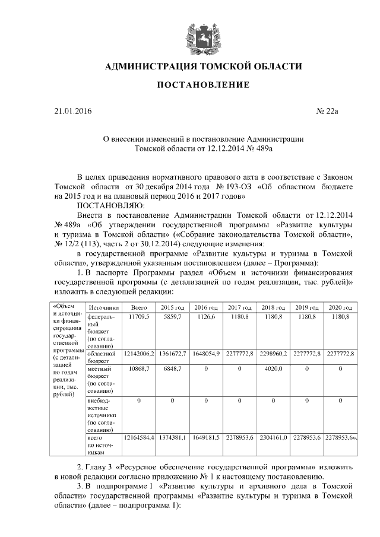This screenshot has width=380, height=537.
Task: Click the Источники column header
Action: click(x=104, y=307)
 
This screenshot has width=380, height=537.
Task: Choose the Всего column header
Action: click(x=139, y=307)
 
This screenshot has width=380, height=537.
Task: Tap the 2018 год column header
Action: click(x=273, y=307)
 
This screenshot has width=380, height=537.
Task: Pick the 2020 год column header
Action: click(x=340, y=307)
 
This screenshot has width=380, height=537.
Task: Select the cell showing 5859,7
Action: click(x=172, y=318)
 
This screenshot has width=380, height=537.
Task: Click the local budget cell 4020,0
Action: click(x=273, y=369)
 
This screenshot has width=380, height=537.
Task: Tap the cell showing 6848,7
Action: click(x=172, y=369)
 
